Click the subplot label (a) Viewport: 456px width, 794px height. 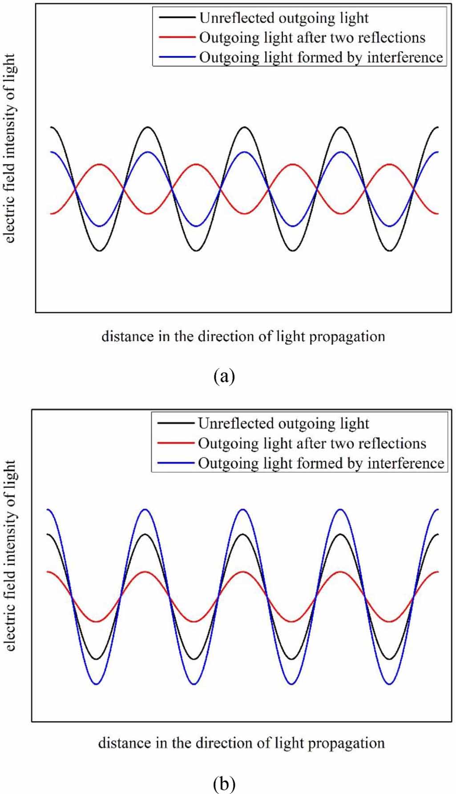pyautogui.click(x=224, y=376)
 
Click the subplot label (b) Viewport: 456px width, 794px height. pyautogui.click(x=224, y=784)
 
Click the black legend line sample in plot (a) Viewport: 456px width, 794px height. pyautogui.click(x=177, y=18)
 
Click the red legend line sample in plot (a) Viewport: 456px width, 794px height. pyautogui.click(x=177, y=38)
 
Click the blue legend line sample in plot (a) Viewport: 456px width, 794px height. pyautogui.click(x=177, y=57)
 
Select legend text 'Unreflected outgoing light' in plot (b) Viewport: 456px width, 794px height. pyautogui.click(x=283, y=423)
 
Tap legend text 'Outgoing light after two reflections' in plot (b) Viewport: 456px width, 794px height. pyautogui.click(x=312, y=443)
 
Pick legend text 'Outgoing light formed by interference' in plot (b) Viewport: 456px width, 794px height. pyautogui.click(x=321, y=463)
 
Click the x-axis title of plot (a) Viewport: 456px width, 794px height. pyautogui.click(x=243, y=336)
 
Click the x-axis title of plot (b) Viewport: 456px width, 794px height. pyautogui.click(x=241, y=742)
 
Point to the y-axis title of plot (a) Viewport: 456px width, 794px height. pyautogui.click(x=10, y=148)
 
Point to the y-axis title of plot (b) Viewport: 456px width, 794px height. pyautogui.click(x=10, y=555)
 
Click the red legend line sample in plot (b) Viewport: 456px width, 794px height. pyautogui.click(x=176, y=443)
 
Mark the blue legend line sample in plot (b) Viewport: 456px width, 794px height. pyautogui.click(x=176, y=463)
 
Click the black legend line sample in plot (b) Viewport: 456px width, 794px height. pyautogui.click(x=176, y=423)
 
